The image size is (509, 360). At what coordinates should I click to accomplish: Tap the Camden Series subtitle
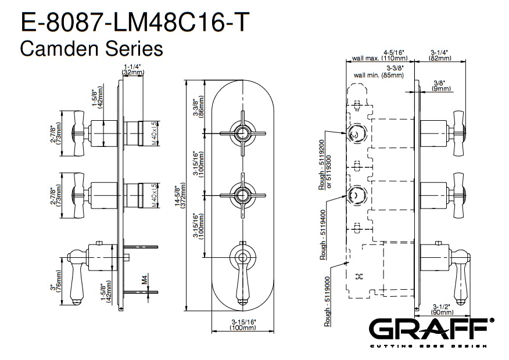91,49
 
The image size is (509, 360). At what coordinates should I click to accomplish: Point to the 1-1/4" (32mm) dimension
133,69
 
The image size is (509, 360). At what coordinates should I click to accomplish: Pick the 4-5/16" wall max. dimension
381,55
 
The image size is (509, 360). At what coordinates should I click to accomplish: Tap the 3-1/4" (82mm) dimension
440,55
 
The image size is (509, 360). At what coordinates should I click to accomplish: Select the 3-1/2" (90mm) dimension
440,309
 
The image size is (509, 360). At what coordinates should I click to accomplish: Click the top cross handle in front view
241,132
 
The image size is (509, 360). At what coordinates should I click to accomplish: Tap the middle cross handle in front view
241,193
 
